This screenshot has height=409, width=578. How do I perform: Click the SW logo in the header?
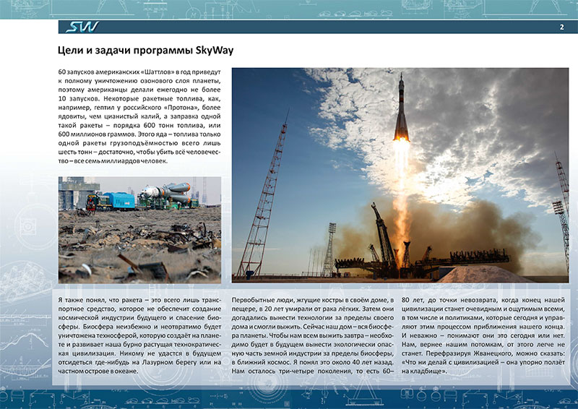pos(81,27)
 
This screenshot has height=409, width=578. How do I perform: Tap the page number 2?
pos(561,27)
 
